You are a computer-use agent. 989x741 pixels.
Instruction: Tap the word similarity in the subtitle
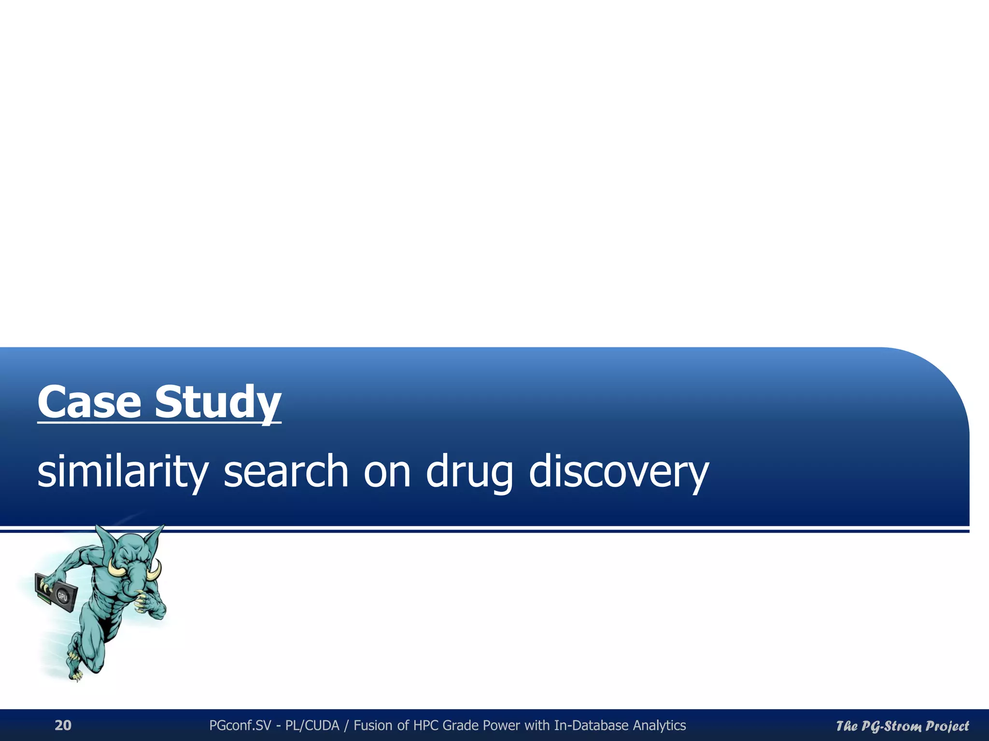[x=123, y=472]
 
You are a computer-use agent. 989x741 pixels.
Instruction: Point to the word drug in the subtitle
[x=469, y=472]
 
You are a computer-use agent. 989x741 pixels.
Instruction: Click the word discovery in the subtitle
[x=619, y=472]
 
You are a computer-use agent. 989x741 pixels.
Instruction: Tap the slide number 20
[x=63, y=725]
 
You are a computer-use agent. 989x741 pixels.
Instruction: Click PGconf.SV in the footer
[x=240, y=725]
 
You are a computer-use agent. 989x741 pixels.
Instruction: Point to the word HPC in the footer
[x=426, y=725]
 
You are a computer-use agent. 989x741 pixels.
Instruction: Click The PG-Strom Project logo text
[x=902, y=726]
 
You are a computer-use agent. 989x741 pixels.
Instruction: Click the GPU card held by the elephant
[x=56, y=590]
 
